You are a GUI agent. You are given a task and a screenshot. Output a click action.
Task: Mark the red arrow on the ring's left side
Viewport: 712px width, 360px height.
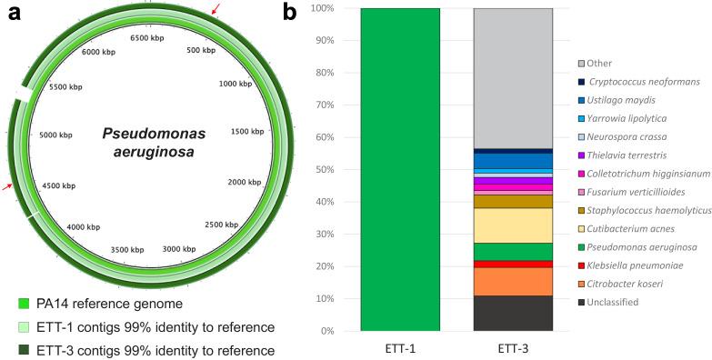(8, 186)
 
